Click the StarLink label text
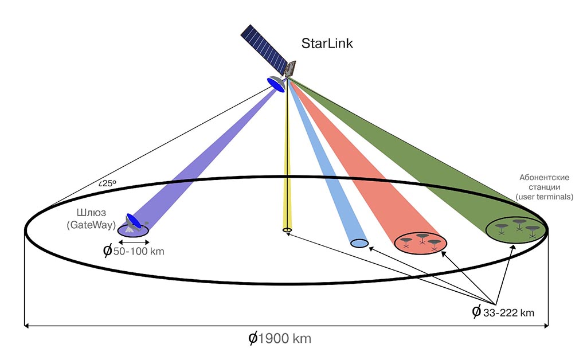point(328,44)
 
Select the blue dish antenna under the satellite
point(276,85)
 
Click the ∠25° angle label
point(107,183)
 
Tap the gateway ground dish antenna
point(135,222)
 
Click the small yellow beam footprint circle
point(287,230)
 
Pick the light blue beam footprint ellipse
point(359,244)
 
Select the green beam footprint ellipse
point(515,229)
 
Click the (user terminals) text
point(545,197)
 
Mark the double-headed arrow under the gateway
point(133,241)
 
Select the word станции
point(545,187)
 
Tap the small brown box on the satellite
point(291,68)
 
